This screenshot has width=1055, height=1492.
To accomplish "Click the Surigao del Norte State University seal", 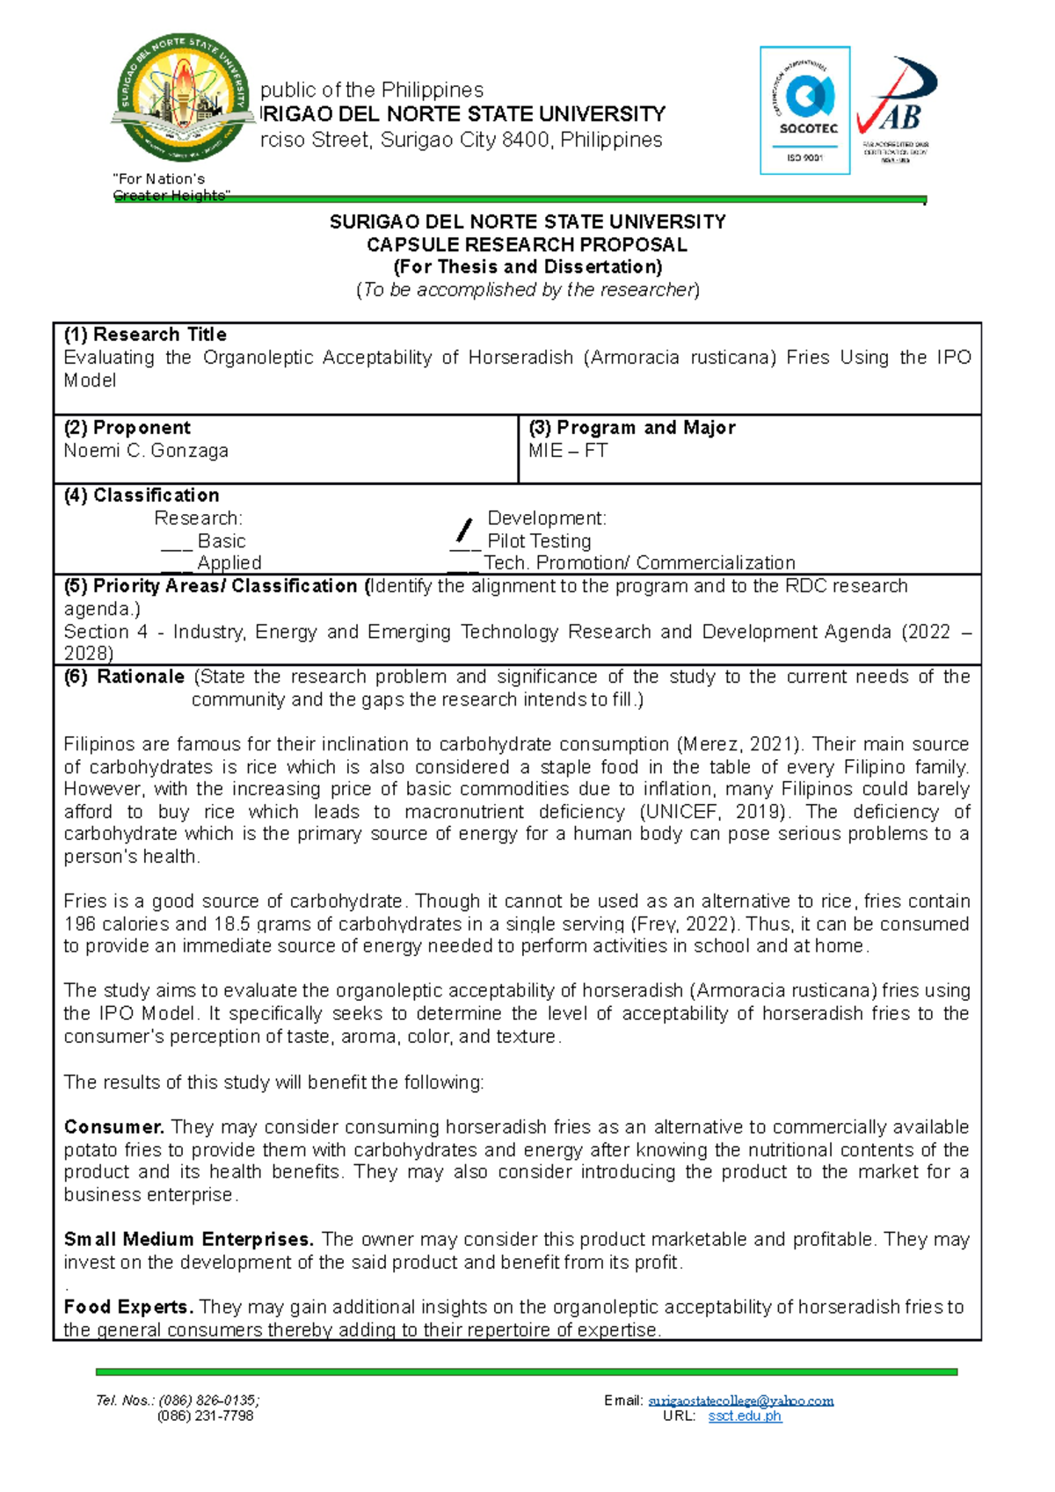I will coord(182,98).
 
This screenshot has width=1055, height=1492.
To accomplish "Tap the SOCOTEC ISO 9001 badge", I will coord(804,110).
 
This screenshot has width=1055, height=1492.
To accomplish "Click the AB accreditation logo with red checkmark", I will coord(897,110).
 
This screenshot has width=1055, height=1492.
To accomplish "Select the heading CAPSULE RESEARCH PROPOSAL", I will coord(527,244).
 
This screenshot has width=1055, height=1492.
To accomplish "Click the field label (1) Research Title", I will coord(145,335).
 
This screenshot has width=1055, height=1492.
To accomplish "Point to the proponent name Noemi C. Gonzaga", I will coord(146,451).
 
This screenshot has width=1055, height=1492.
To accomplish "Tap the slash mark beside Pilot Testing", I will coord(463,531).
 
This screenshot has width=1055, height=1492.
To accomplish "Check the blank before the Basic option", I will coord(176,543).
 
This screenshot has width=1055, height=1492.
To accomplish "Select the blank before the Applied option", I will coord(176,565).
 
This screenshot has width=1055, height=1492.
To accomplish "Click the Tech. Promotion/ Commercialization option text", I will coord(639,563).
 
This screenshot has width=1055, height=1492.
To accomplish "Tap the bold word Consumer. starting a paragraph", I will coord(113,1127).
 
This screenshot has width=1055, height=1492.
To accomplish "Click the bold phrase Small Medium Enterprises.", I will coord(188,1240).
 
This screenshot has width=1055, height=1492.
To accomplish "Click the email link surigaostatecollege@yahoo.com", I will coord(740,1401).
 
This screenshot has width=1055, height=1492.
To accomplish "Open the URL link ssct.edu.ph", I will coord(745,1416).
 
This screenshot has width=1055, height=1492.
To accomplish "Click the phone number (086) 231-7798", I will coord(205,1416).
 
